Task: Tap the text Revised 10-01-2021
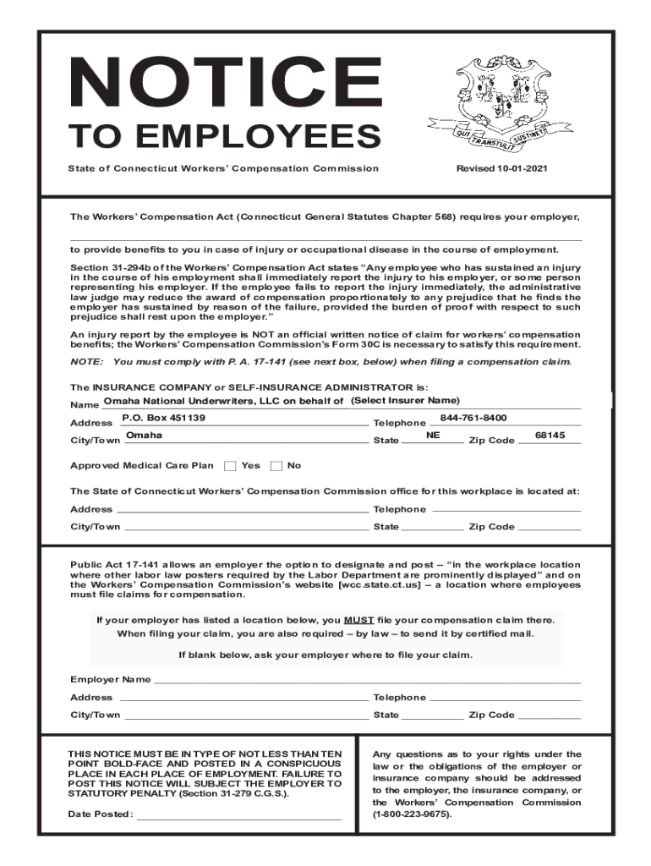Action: pos(502,168)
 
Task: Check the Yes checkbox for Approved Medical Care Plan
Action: pos(230,466)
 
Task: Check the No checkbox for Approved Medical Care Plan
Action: pos(276,466)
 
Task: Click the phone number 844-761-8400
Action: pos(473,418)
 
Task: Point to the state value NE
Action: pos(433,435)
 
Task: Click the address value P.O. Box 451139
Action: pos(164,418)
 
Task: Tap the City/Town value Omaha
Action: pos(144,436)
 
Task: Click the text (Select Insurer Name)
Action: pos(405,400)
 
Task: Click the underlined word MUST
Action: pos(358,619)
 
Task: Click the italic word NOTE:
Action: pos(86,362)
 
